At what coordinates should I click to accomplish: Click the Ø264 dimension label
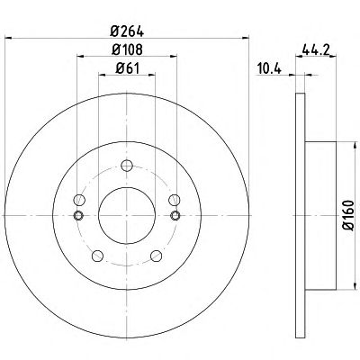tap(127, 31)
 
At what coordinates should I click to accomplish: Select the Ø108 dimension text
tap(127, 49)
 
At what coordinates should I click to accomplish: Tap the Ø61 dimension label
tap(128, 68)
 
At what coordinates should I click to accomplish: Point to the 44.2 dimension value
tap(316, 49)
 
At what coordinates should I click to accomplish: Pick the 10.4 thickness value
tap(269, 69)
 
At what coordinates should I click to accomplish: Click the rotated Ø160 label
tap(348, 215)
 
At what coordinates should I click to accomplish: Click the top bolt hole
tap(127, 166)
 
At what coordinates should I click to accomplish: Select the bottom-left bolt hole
tap(97, 256)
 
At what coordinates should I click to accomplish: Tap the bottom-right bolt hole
tap(157, 256)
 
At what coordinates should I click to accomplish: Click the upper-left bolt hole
tap(79, 200)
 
